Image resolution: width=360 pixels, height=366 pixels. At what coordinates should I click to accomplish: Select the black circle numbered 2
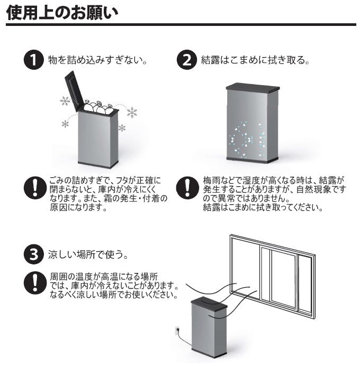(186, 59)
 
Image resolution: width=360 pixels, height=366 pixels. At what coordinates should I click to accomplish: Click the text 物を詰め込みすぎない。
(97, 60)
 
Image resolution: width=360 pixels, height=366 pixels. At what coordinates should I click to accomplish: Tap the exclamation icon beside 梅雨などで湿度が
(186, 188)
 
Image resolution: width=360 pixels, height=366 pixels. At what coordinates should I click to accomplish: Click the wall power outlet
(177, 332)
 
